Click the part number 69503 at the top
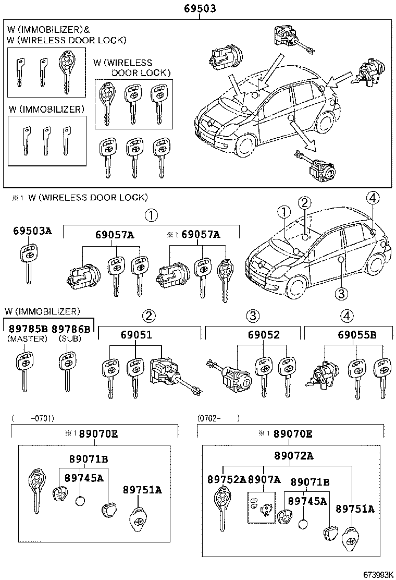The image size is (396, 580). click(200, 9)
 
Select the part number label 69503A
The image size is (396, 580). click(32, 232)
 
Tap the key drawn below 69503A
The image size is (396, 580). click(28, 263)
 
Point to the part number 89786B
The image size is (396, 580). click(71, 329)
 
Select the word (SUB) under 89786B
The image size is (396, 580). click(65, 339)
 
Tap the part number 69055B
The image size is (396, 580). click(357, 335)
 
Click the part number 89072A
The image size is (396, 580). click(294, 456)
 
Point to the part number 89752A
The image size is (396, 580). click(227, 479)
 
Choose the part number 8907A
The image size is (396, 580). click(264, 479)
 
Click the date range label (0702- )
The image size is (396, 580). click(218, 418)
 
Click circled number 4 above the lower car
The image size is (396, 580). click(373, 197)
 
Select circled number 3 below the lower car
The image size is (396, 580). click(341, 294)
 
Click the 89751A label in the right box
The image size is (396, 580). click(355, 509)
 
